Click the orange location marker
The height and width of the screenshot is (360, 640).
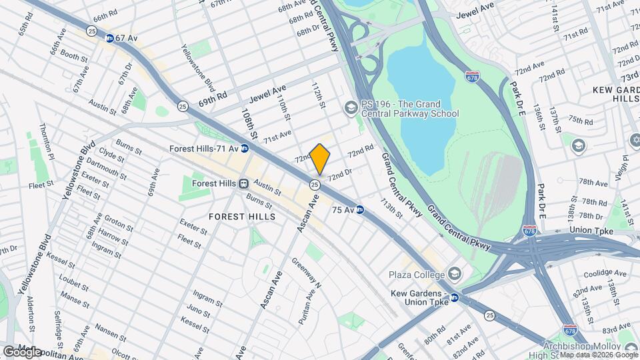[x=320, y=159]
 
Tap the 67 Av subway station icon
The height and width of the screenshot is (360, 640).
[x=109, y=39]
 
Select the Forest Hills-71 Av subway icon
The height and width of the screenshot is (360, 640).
[x=245, y=149]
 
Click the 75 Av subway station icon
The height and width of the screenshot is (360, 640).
[x=360, y=209]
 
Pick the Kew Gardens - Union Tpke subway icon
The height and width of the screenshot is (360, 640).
[x=454, y=297]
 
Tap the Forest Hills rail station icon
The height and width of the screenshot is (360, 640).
[x=244, y=183]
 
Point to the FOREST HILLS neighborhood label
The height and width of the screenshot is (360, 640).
[x=242, y=217]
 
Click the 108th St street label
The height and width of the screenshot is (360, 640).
[x=249, y=124]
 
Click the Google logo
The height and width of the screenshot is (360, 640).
[x=22, y=351]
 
